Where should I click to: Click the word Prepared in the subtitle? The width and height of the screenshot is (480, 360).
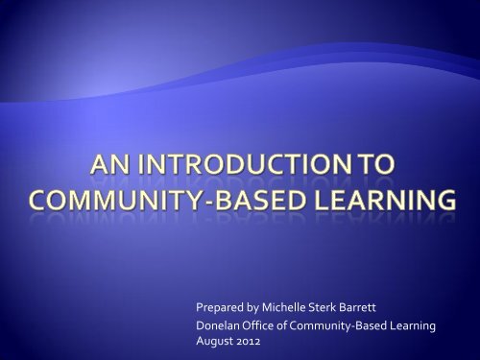click(217, 311)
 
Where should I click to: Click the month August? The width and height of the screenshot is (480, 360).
click(213, 343)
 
